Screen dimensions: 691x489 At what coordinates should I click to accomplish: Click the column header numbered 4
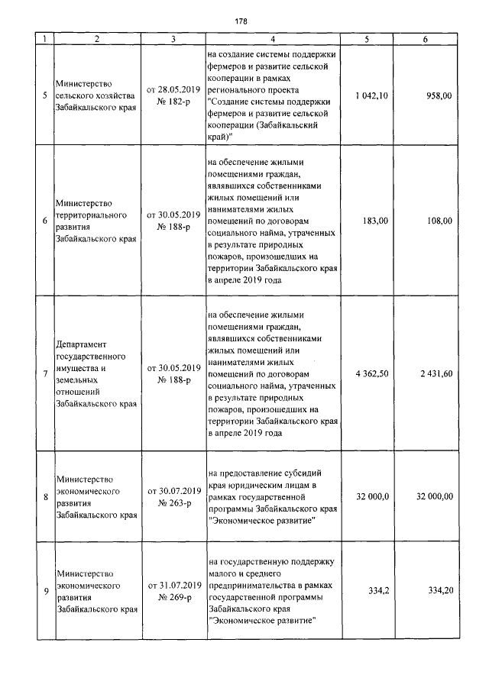272,39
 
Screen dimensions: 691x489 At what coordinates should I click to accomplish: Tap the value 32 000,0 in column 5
373,496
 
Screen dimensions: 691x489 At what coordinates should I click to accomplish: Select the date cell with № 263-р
173,496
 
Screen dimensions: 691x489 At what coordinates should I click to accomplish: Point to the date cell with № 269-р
173,591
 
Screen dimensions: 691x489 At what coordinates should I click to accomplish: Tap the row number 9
45,591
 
